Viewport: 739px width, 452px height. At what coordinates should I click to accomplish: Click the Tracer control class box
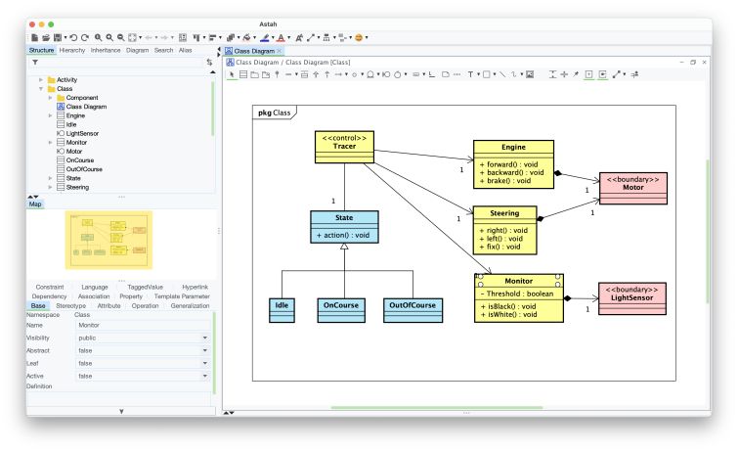344,147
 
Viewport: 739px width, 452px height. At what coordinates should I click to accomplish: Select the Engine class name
512,147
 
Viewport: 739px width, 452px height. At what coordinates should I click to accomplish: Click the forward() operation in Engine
510,164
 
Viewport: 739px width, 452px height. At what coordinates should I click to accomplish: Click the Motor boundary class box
633,188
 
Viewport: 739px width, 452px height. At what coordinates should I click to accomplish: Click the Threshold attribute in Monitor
518,294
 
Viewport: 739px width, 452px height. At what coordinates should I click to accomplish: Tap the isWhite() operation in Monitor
510,314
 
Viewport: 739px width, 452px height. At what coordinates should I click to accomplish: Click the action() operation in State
343,235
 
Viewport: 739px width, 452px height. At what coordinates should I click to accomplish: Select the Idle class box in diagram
282,309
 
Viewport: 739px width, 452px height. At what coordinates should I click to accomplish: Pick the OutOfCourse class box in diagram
413,309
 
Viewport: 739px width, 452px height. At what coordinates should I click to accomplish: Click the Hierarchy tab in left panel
71,49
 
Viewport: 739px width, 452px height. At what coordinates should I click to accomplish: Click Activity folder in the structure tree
66,79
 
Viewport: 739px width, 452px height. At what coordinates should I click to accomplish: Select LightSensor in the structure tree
83,133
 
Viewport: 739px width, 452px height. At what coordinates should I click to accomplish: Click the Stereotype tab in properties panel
70,305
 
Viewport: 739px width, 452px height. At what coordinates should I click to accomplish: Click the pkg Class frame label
275,113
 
